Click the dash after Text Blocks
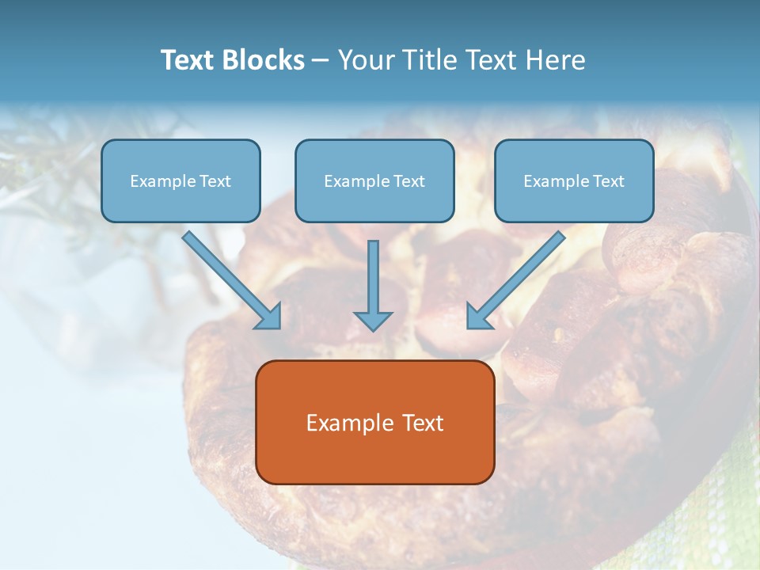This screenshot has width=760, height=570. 321,61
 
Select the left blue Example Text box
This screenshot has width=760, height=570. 180,180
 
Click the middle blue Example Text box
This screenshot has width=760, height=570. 374,180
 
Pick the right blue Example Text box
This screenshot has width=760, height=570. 574,180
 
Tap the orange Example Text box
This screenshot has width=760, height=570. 374,422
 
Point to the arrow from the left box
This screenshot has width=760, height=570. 230,279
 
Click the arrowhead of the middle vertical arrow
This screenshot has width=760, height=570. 373,320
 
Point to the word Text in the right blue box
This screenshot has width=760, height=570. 608,181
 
